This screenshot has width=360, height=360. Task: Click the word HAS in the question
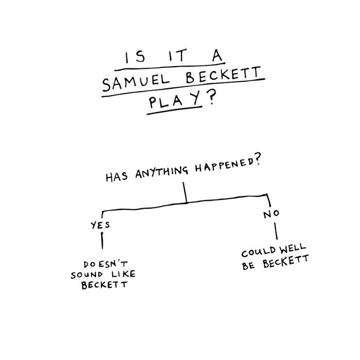point(117,178)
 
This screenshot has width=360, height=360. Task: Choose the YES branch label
point(100,225)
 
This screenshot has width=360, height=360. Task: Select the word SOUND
point(86,274)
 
